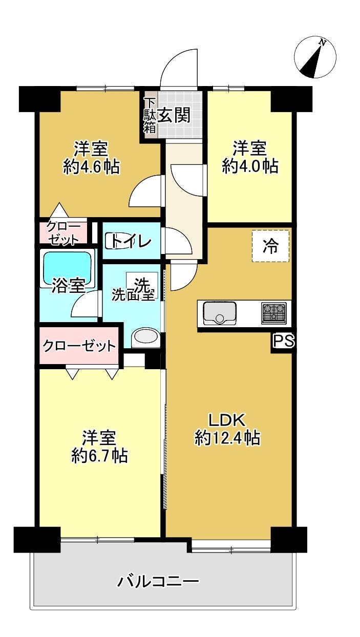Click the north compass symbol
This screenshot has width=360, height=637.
coord(315,57)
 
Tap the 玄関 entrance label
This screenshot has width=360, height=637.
coord(174,115)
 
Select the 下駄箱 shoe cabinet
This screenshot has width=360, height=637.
coord(150,115)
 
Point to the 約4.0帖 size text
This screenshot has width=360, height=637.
coord(250,166)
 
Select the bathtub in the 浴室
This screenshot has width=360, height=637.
coord(67,268)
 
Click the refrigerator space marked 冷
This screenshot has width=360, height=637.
coord(270,246)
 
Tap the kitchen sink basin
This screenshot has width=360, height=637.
coord(220,313)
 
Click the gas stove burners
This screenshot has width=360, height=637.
coord(273,314)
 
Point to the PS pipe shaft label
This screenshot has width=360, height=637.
coord(284,341)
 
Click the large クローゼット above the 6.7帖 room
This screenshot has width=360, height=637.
coord(79,346)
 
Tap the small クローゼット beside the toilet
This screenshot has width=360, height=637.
coord(63,232)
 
